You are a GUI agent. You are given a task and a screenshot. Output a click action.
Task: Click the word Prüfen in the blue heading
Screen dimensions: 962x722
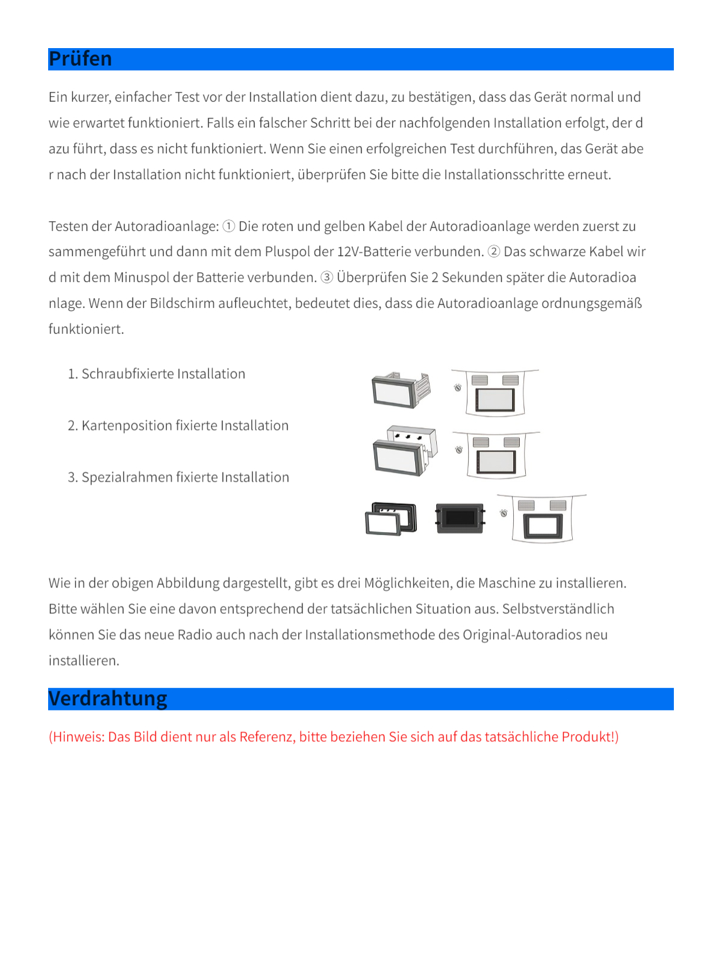click(80, 59)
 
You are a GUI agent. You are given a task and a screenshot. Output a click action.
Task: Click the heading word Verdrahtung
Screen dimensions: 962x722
click(108, 699)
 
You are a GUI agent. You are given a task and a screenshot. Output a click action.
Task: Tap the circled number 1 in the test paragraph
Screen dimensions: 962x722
click(229, 226)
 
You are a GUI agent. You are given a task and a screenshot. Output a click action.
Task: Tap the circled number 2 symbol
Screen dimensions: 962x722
click(493, 251)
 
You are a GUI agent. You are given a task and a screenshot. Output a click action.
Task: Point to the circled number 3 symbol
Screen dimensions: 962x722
click(327, 277)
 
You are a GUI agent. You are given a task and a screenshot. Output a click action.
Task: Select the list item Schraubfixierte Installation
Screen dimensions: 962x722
click(163, 374)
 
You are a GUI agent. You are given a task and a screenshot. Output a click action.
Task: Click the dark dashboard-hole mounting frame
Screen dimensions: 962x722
click(460, 518)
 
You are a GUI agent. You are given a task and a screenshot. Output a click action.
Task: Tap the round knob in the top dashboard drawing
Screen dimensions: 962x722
click(458, 388)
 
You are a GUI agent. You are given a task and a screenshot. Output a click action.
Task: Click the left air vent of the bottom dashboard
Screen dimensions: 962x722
click(526, 505)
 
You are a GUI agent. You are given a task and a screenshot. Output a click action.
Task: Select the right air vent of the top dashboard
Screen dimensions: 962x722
click(511, 380)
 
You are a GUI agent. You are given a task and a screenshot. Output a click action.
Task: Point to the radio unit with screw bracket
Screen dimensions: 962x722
click(400, 390)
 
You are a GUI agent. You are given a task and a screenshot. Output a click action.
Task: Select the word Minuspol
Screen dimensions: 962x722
click(141, 277)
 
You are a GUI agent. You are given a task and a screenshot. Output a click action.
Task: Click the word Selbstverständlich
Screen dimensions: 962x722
click(558, 609)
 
